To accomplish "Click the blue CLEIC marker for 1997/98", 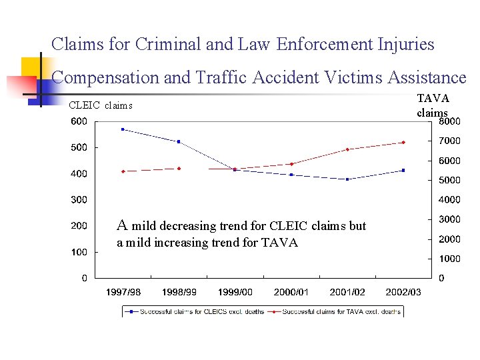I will [123, 129].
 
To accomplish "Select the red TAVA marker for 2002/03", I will [403, 142].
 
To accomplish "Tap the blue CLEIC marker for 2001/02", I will [347, 179].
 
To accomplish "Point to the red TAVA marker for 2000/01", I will [291, 164].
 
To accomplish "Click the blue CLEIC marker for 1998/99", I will [179, 141].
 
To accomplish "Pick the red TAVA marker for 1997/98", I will [123, 171].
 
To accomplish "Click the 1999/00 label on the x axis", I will [235, 292].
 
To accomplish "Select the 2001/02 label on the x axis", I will [347, 292].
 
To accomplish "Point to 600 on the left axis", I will [79, 121].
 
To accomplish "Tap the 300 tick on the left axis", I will [79, 199].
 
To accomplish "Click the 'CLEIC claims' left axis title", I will [101, 105].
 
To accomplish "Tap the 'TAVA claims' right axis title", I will [433, 105].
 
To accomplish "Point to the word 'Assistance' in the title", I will [425, 77].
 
